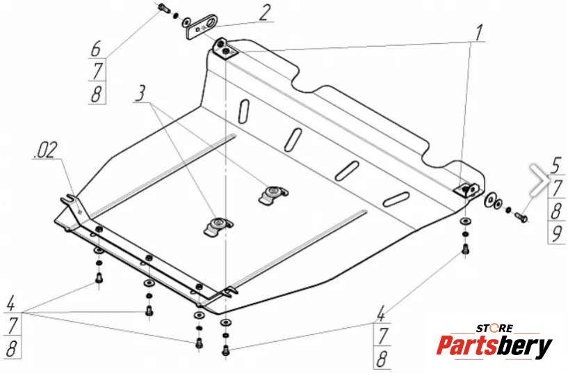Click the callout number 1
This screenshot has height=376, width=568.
tap(478, 32)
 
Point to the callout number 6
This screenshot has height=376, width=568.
tap(96, 49)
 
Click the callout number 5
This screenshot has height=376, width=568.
tap(555, 166)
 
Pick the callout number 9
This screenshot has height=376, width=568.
tap(555, 234)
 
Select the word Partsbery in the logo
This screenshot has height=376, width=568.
tap(494, 345)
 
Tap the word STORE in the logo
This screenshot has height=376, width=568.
tap(494, 327)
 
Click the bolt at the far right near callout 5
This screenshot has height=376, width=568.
tap(521, 218)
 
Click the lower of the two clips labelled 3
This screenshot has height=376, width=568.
tap(216, 225)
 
